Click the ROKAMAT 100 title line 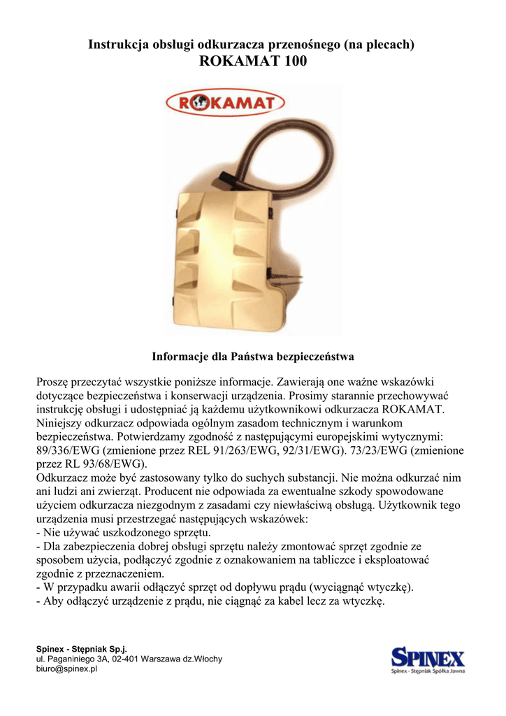252,62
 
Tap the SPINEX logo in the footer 428,661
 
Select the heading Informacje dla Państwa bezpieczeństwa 253,357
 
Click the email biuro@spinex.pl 66,668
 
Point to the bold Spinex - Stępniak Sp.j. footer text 81,650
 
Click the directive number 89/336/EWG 68,450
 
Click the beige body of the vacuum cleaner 224,259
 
